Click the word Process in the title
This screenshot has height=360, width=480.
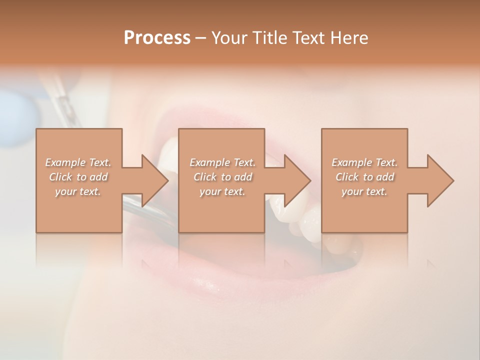[157, 38]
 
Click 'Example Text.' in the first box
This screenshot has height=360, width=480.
[78, 162]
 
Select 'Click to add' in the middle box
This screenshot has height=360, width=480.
[222, 177]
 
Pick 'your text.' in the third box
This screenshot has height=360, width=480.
[364, 191]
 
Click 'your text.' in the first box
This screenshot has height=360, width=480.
[78, 191]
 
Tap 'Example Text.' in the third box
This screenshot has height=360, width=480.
[364, 162]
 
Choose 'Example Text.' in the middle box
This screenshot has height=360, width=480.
[222, 162]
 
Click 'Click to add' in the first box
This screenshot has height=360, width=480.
[78, 177]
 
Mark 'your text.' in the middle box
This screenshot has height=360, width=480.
[222, 191]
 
